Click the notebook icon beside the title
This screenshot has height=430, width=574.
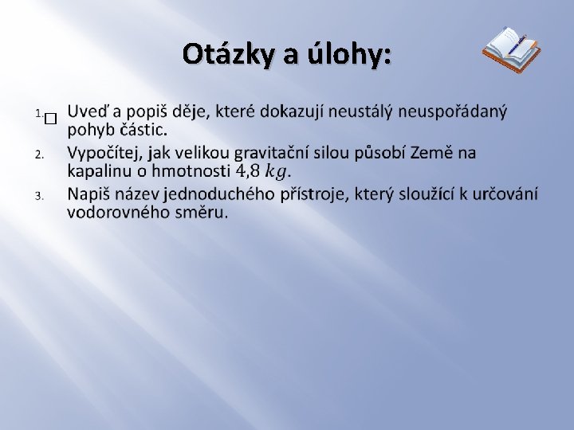click(x=511, y=49)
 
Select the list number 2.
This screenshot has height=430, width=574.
click(x=38, y=153)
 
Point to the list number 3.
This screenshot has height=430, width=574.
click(x=38, y=195)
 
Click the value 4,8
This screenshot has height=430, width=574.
click(x=248, y=170)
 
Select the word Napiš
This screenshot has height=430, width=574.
click(x=89, y=194)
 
